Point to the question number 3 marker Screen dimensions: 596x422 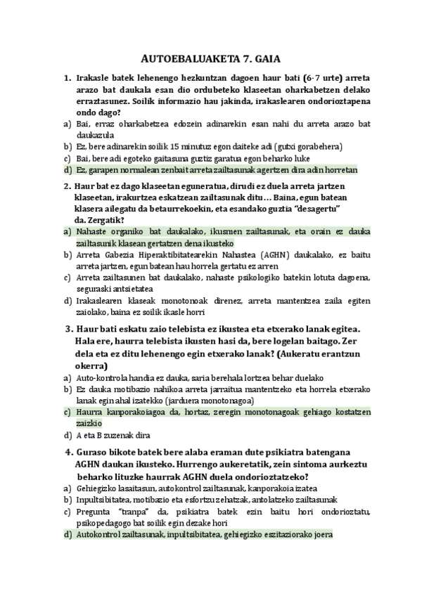[69, 330]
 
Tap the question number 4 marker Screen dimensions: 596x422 [69, 451]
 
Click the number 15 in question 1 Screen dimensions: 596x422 [174, 146]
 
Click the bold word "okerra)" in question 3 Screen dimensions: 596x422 [91, 365]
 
